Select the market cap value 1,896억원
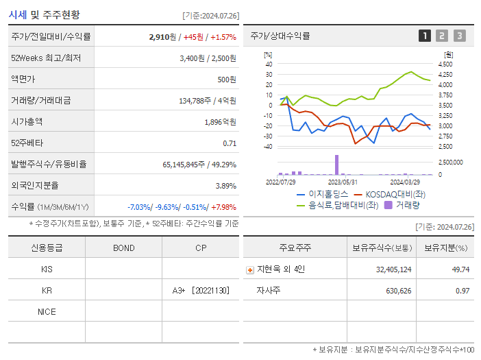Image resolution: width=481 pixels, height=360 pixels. pyautogui.click(x=220, y=122)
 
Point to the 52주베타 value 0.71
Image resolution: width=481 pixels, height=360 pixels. pyautogui.click(x=230, y=143)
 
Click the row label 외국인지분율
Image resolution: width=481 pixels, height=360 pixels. pyautogui.click(x=34, y=186)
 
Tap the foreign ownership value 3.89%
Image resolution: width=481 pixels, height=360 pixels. pyautogui.click(x=225, y=186)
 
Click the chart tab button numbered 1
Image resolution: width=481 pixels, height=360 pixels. pyautogui.click(x=425, y=36)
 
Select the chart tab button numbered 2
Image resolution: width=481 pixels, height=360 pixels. pyautogui.click(x=442, y=36)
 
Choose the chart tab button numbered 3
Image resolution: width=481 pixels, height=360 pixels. pyautogui.click(x=459, y=36)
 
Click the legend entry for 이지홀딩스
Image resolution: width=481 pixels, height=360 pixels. pyautogui.click(x=322, y=195)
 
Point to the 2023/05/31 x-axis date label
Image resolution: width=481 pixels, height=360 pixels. pyautogui.click(x=343, y=182)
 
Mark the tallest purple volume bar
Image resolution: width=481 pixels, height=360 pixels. pyautogui.click(x=336, y=165)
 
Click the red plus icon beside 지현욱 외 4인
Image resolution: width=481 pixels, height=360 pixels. pyautogui.click(x=250, y=269)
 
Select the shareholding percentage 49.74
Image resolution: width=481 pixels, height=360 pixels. pyautogui.click(x=461, y=269)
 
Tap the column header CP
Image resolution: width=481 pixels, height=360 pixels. pyautogui.click(x=201, y=248)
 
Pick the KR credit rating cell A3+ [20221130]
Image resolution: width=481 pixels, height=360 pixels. pyautogui.click(x=201, y=291)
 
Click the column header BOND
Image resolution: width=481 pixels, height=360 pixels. pyautogui.click(x=123, y=248)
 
